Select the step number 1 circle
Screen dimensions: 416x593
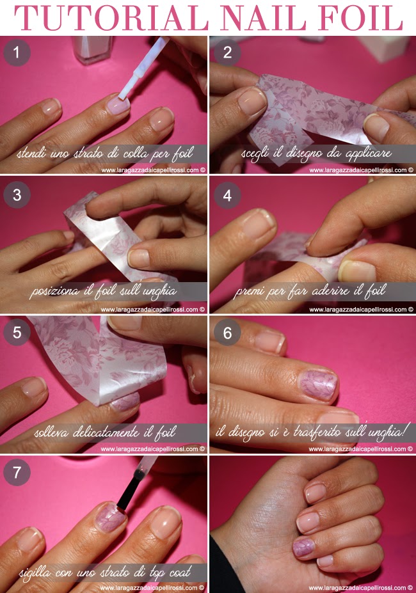(x=17, y=52)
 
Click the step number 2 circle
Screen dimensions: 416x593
(x=227, y=52)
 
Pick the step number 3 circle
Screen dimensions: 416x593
(x=17, y=194)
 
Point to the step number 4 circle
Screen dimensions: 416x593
(x=227, y=194)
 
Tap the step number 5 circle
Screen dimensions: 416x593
(x=17, y=333)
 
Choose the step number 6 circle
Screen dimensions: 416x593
(x=227, y=333)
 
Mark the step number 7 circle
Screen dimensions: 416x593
(x=17, y=472)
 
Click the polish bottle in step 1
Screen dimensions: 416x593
(x=92, y=49)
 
